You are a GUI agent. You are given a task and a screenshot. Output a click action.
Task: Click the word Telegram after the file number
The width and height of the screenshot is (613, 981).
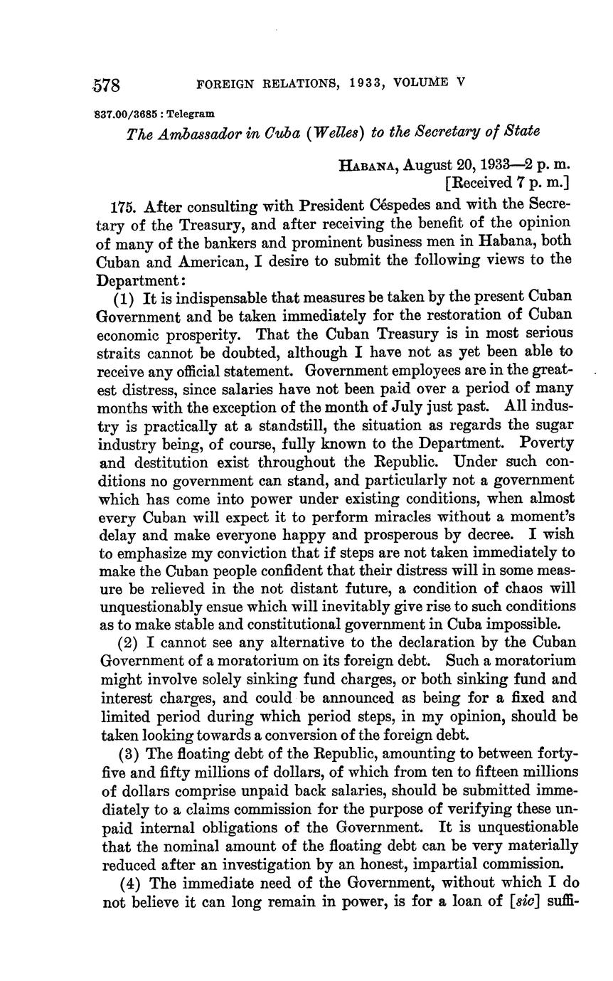pyautogui.click(x=191, y=113)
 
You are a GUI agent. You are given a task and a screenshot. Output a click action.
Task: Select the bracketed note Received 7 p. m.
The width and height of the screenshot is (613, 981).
pyautogui.click(x=506, y=184)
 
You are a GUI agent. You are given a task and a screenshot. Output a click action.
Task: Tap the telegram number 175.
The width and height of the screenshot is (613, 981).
pyautogui.click(x=125, y=207)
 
